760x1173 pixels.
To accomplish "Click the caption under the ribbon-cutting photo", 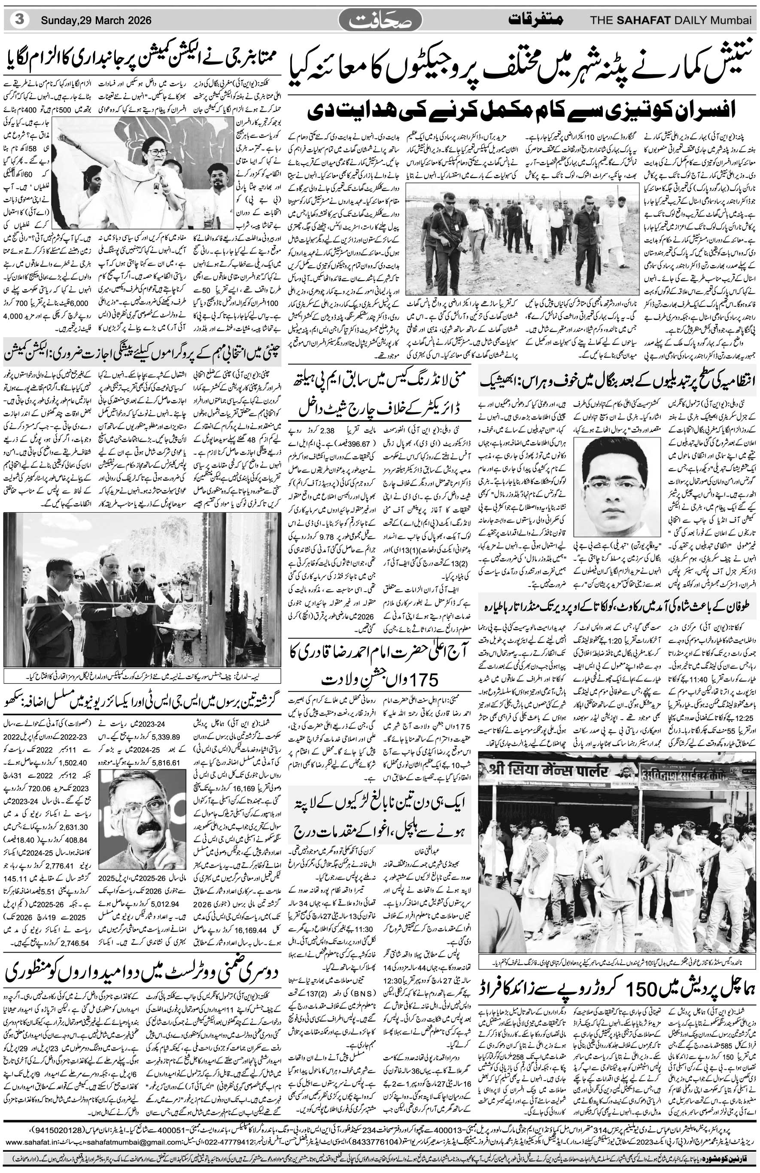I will (143, 674).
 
